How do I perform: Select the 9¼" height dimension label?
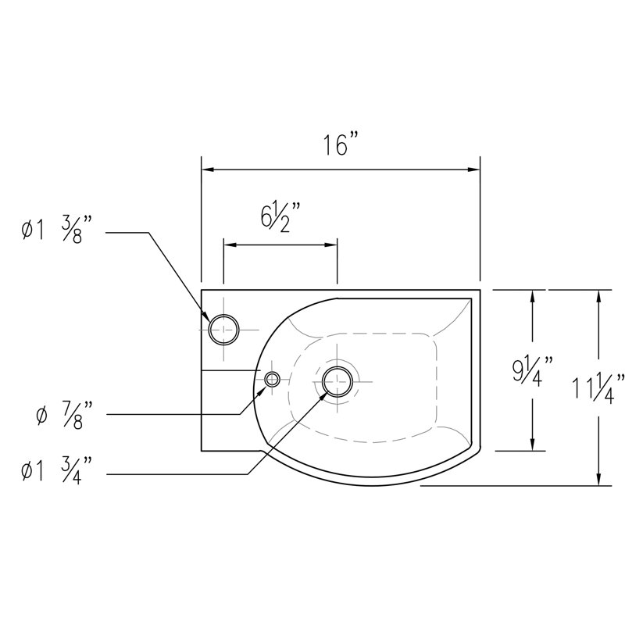[533, 373]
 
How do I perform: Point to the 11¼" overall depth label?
[598, 389]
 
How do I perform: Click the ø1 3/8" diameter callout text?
[53, 230]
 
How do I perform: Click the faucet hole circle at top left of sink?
[224, 315]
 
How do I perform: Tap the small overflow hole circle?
[272, 373]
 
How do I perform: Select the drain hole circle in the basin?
[337, 366]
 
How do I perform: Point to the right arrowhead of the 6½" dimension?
[330, 245]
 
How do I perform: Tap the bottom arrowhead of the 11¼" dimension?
[598, 479]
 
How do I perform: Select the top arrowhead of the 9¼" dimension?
[533, 297]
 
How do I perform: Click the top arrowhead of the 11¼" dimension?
[598, 297]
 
